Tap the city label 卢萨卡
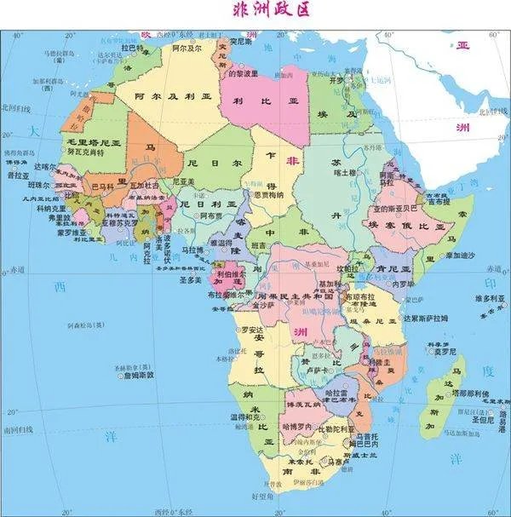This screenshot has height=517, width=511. (x=317, y=370)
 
